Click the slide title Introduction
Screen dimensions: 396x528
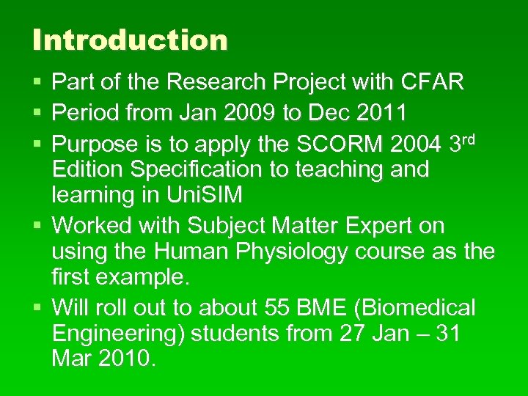tap(130, 40)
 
